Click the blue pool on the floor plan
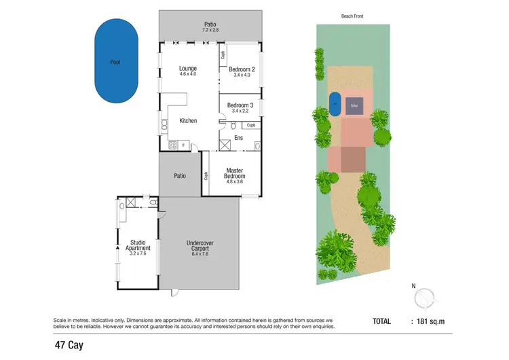[116, 62]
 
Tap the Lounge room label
[187, 71]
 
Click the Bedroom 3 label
[240, 107]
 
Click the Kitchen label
[188, 120]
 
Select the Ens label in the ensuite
[238, 138]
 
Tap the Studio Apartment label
[138, 245]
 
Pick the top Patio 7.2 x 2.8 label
[210, 27]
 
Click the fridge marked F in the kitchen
[184, 145]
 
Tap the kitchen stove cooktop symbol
[172, 145]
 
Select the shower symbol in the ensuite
[225, 145]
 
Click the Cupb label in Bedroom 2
[223, 55]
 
